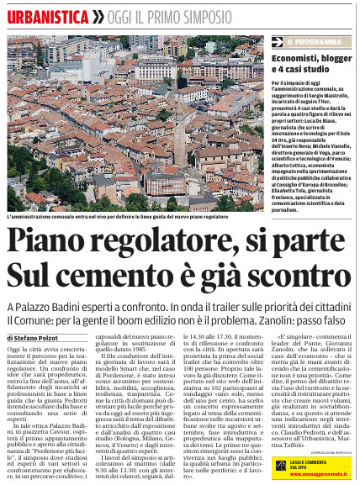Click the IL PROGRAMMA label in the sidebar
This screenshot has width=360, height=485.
319,40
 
